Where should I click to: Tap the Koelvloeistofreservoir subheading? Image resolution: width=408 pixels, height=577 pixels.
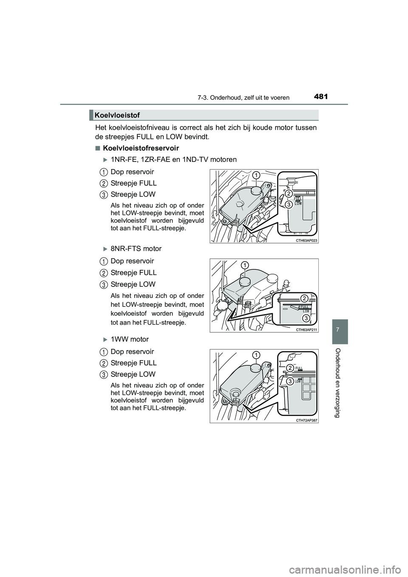point(141,148)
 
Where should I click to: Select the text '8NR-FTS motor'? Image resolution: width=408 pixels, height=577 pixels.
point(136,249)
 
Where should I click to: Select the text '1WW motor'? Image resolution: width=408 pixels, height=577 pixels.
point(130,339)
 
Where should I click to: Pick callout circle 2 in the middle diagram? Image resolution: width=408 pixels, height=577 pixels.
point(304,298)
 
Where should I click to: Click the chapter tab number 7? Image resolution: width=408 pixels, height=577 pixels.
point(340,331)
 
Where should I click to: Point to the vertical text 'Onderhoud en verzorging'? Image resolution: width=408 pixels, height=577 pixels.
point(340,382)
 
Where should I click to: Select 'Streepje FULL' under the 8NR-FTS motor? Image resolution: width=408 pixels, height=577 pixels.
point(133,272)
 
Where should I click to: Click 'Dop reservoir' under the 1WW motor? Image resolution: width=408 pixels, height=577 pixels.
point(132,351)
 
